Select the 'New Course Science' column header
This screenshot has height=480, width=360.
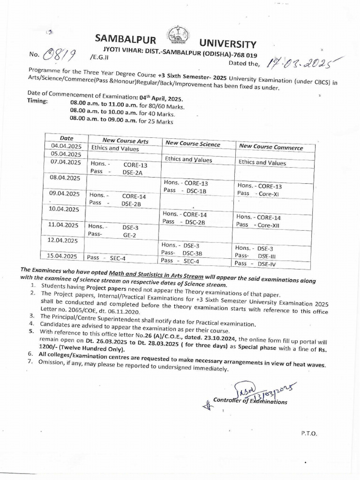[x=193, y=144]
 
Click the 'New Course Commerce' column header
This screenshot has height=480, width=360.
[x=270, y=147]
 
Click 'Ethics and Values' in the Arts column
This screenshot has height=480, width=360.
[x=115, y=149]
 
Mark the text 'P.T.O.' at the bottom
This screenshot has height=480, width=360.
[x=309, y=434]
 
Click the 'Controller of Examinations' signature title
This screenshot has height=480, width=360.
[x=249, y=401]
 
